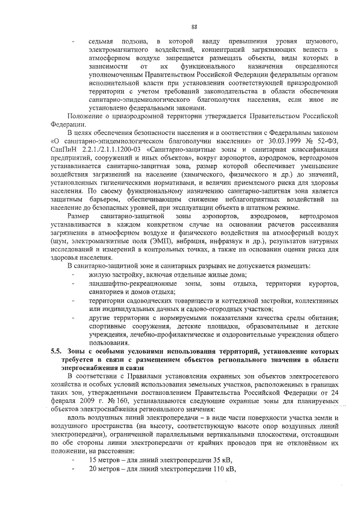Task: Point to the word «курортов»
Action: pyautogui.click(x=317, y=283)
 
